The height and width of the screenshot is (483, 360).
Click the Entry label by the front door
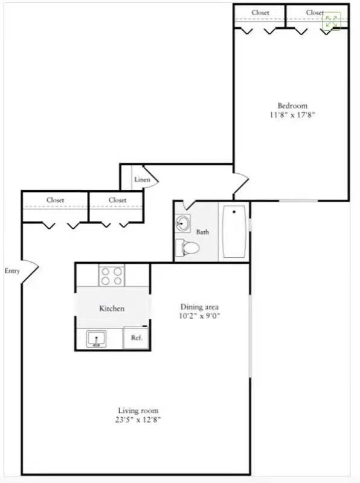click(12, 270)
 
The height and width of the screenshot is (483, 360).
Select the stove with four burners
click(112, 276)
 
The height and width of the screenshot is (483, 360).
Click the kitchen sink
click(96, 339)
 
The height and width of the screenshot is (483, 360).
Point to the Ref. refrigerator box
click(136, 337)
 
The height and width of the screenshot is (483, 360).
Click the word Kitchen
click(112, 309)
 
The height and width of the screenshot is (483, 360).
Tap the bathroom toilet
click(187, 248)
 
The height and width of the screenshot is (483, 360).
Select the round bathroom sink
click(183, 223)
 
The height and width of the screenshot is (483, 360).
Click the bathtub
click(234, 232)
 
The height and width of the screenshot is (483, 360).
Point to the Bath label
click(202, 232)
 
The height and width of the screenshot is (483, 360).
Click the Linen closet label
click(142, 179)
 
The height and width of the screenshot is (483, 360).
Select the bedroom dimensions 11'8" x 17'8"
click(292, 115)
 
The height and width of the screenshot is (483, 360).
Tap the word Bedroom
click(292, 106)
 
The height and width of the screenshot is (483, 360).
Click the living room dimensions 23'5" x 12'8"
click(138, 420)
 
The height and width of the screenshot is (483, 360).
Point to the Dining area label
click(199, 307)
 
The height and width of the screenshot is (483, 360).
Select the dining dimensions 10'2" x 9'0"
click(199, 316)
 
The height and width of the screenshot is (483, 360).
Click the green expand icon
click(332, 21)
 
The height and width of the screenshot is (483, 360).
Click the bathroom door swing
click(188, 205)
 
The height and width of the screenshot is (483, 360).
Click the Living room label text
click(138, 411)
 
